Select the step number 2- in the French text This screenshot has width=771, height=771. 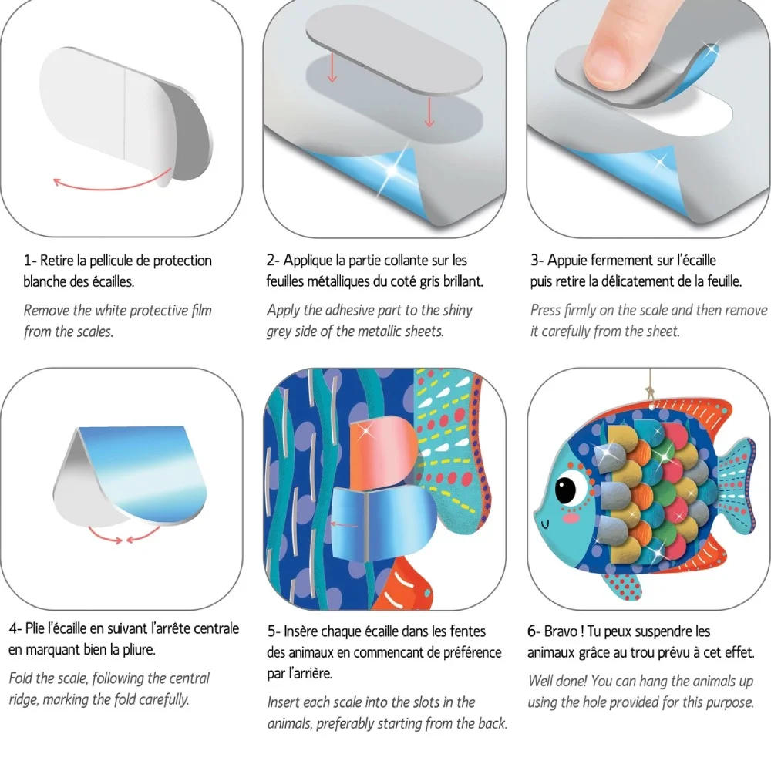tap(273, 260)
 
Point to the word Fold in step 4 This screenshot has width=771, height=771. tap(20, 678)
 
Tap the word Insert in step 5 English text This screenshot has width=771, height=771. tap(283, 702)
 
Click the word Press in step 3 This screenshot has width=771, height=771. tap(545, 310)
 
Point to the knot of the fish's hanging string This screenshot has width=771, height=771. tap(650, 392)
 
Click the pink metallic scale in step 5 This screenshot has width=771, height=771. tap(382, 451)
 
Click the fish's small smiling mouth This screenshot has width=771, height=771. tap(545, 524)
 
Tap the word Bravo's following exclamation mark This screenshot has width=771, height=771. tap(582, 631)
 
